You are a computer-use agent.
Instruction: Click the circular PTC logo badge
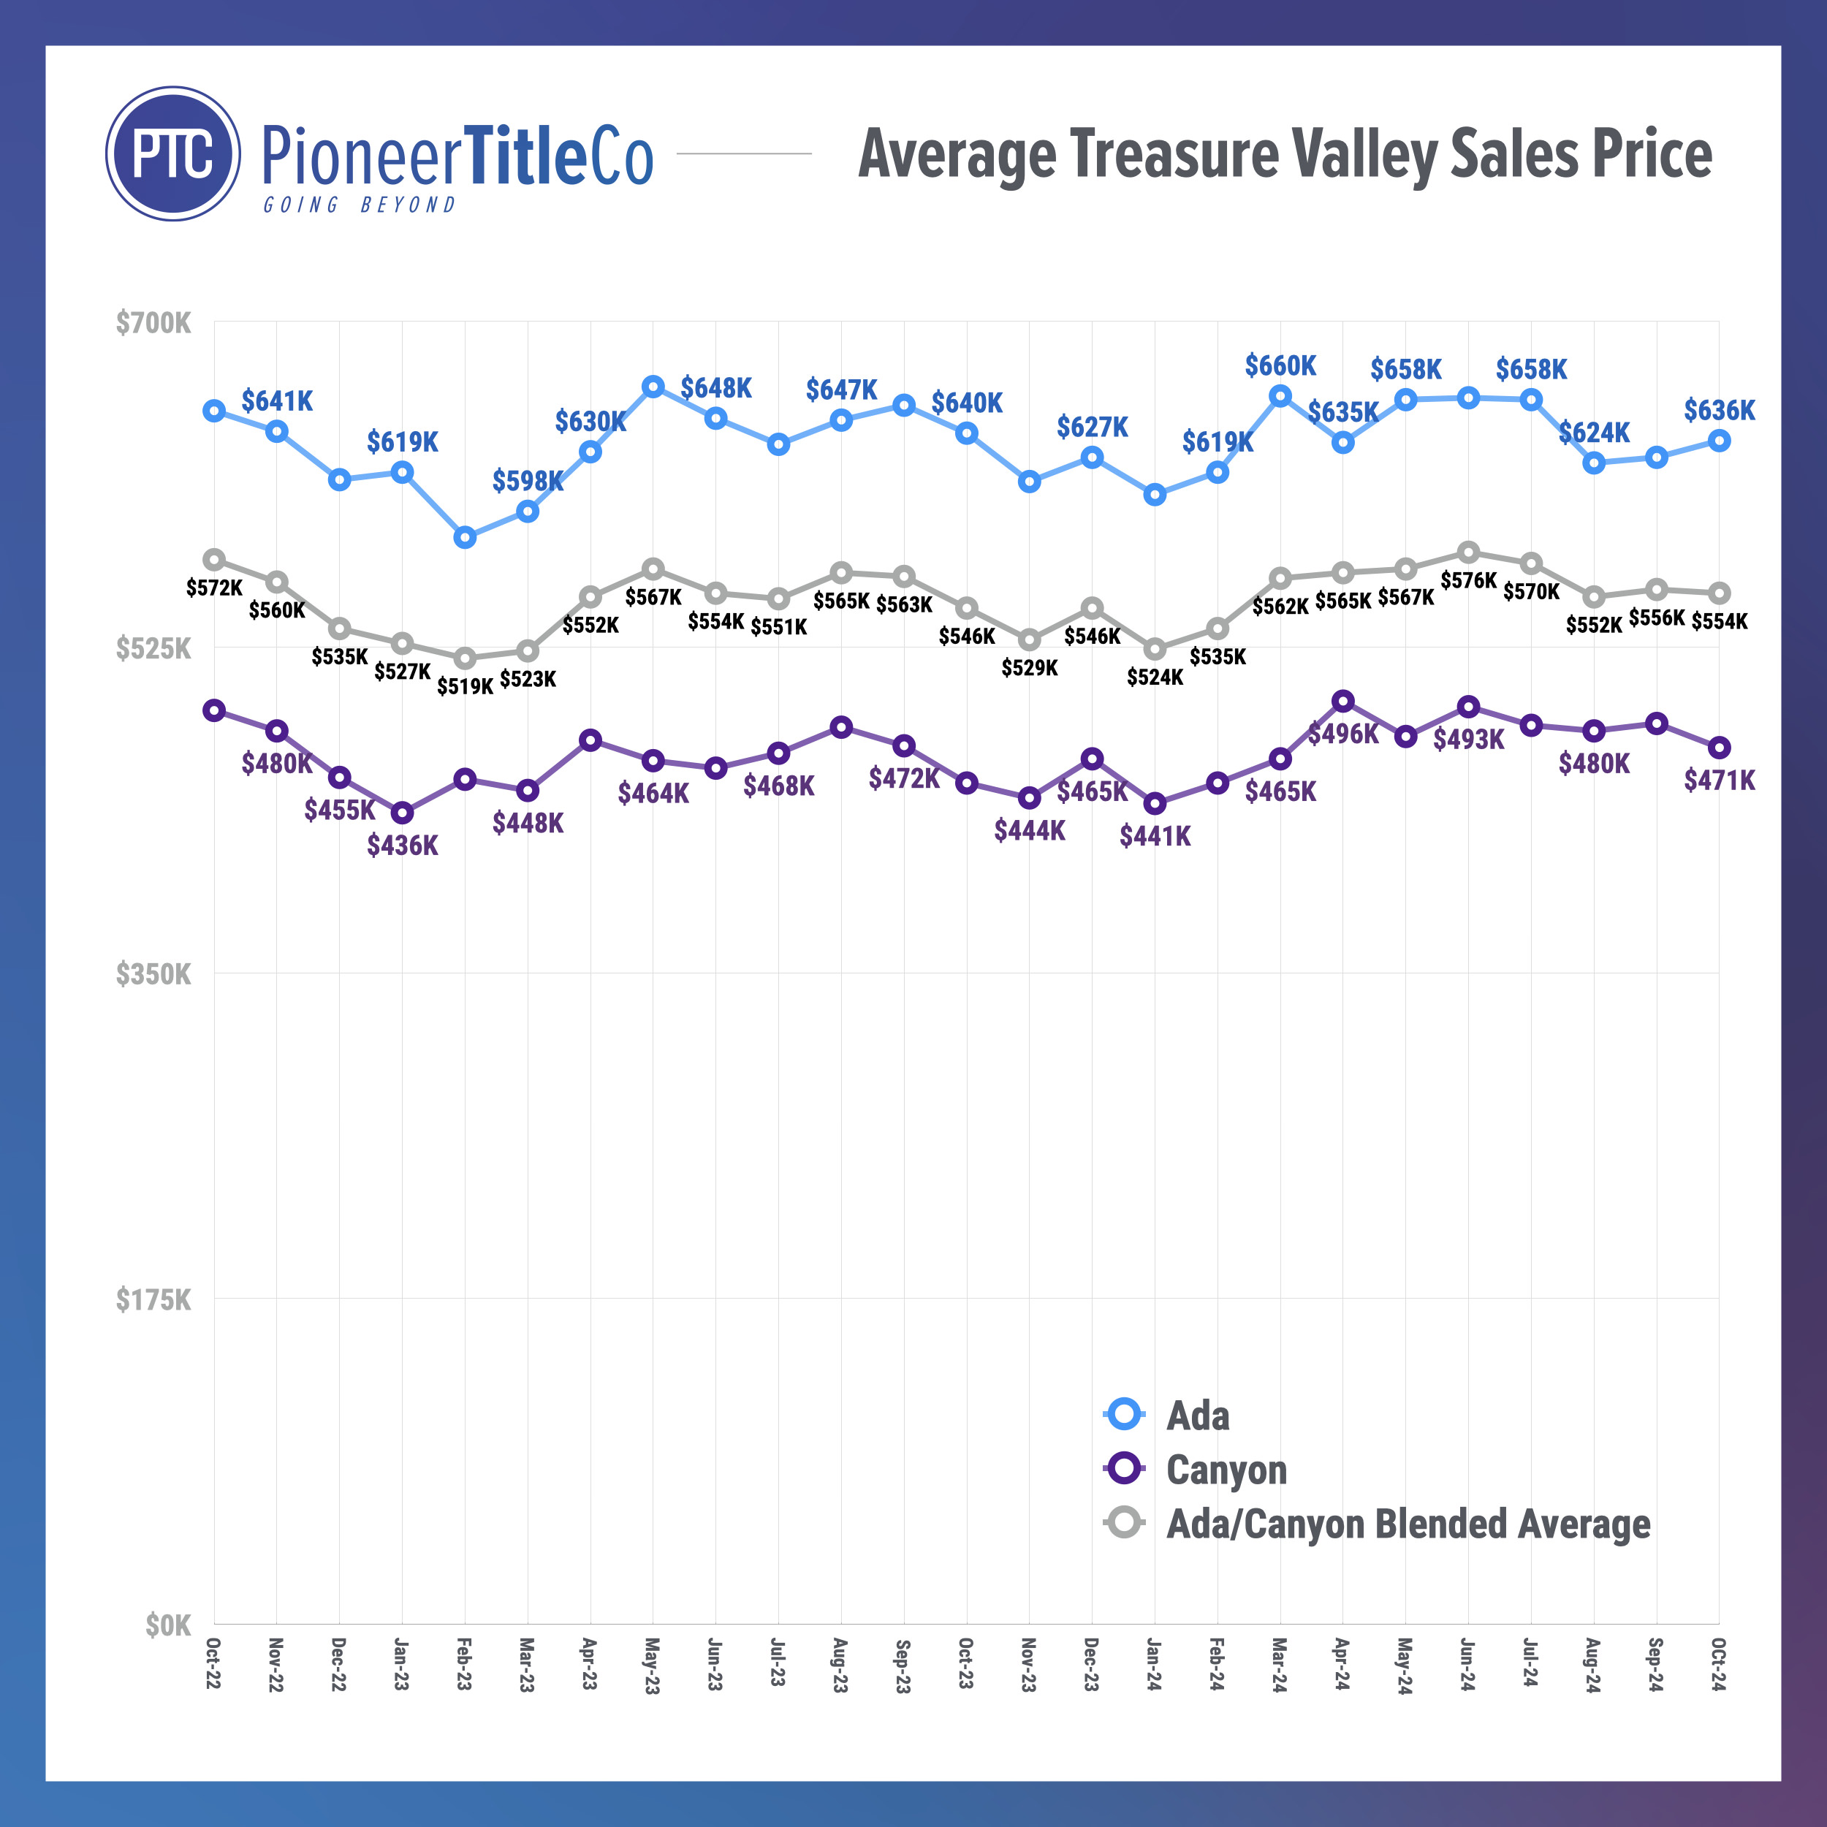[173, 153]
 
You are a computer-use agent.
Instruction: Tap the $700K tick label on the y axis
[153, 324]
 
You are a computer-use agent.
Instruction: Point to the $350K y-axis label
[153, 974]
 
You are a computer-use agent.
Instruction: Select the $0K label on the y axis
[167, 1625]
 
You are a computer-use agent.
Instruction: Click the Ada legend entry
[1197, 1416]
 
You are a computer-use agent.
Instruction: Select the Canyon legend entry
[1226, 1470]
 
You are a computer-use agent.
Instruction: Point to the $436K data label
[403, 846]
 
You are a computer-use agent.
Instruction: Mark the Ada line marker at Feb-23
[464, 537]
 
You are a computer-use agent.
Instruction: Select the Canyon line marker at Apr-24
[1342, 701]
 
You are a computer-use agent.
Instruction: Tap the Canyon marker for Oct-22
[215, 710]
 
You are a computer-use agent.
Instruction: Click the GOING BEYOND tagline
[360, 205]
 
